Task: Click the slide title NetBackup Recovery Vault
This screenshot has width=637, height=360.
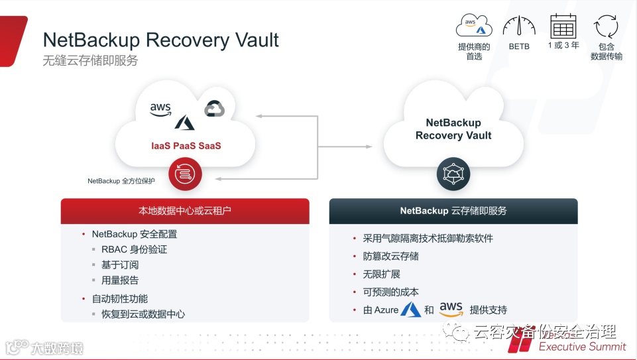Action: coord(161,40)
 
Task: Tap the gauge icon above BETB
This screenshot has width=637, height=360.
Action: coord(519,27)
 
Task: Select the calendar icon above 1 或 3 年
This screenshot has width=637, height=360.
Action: coord(563,26)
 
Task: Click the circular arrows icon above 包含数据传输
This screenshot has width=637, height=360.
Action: coord(606,27)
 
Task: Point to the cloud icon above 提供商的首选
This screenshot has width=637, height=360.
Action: coord(474,26)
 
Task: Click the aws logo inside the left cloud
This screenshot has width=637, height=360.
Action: coord(160,109)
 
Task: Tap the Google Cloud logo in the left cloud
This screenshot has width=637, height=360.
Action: coord(214,109)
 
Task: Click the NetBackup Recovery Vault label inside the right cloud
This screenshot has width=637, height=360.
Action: coord(453,129)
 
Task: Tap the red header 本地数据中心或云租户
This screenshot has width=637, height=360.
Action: coord(185,211)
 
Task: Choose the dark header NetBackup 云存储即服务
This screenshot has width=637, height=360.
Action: coord(453,211)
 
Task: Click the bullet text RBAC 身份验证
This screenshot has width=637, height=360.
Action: coord(134,249)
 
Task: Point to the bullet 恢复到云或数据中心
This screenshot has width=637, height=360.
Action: coord(143,314)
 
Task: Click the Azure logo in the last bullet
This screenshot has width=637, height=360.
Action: coord(411,309)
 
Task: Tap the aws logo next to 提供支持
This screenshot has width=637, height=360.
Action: coord(451,308)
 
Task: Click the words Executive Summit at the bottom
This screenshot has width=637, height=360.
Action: coord(582,346)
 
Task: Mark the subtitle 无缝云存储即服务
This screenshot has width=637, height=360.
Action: coord(90,60)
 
